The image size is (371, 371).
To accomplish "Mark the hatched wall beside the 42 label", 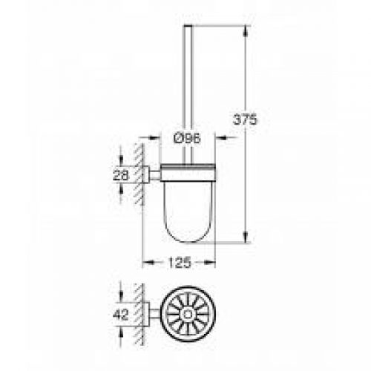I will (x=139, y=314).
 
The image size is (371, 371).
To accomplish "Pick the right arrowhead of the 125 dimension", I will (x=214, y=261).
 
